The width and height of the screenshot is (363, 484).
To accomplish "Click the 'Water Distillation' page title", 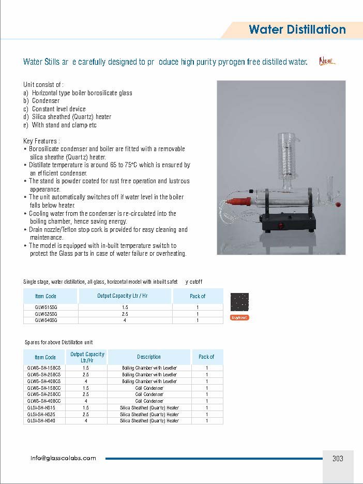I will pos(297,30).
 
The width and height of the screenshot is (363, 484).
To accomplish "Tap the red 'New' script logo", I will pos(327,62).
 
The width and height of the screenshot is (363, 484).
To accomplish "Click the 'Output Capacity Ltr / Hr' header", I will pos(124,296).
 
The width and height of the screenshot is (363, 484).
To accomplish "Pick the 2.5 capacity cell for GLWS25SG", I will pos(125,314).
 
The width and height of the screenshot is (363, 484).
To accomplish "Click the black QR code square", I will pos(239,302).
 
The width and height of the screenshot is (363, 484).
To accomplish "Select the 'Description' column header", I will pos(149,357).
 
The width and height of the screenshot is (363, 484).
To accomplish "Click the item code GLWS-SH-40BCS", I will pos(44,381).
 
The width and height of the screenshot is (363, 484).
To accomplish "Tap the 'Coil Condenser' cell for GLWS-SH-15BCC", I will pos(149,388).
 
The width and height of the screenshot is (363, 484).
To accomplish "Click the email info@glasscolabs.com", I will pos(63,458).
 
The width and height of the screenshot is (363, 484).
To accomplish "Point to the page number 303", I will pos(338,458).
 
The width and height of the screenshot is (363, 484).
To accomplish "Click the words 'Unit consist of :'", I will pos(43,84).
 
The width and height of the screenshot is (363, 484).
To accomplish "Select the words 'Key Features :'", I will pos(41,141).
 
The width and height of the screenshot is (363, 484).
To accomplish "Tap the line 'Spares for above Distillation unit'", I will pos(59,342).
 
